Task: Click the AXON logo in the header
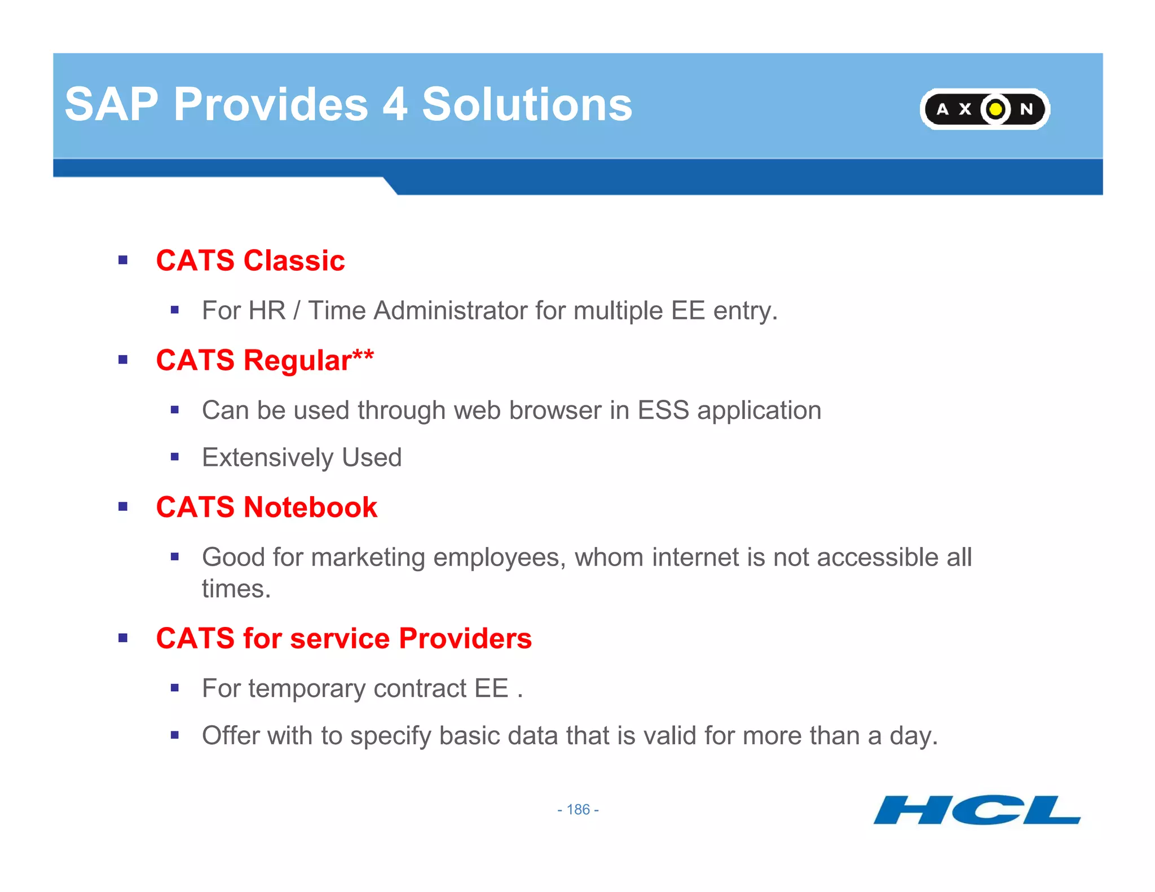click(x=984, y=109)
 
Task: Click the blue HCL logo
click(x=976, y=810)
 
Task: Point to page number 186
click(x=578, y=810)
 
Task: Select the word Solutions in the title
click(x=527, y=104)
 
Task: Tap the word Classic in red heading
click(x=294, y=260)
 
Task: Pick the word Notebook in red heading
click(x=310, y=507)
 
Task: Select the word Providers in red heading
click(x=465, y=638)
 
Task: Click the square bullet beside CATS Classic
click(x=123, y=260)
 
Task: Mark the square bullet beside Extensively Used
click(x=175, y=457)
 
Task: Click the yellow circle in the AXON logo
click(x=996, y=109)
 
